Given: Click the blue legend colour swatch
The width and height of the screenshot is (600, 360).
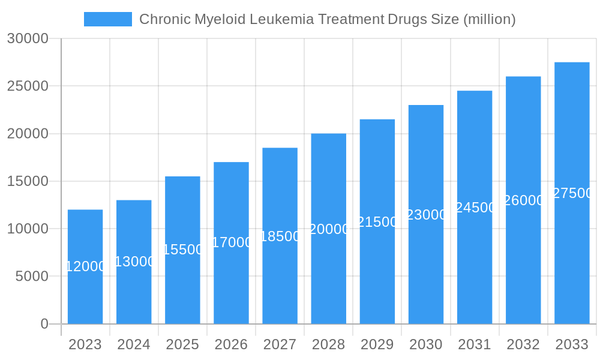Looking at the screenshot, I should point(108,19).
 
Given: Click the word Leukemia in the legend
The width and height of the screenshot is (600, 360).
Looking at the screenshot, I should point(281,19).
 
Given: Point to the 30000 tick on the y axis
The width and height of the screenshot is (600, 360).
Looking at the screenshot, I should point(28,38).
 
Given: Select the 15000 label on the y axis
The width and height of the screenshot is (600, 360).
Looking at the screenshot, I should point(28,181).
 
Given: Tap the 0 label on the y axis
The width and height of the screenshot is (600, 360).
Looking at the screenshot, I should point(44,324).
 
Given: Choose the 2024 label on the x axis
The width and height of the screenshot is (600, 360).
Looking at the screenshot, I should point(134,345).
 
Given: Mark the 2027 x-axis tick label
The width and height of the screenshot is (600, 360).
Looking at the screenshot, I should point(280,345).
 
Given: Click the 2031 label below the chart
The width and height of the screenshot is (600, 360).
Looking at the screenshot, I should point(475,345).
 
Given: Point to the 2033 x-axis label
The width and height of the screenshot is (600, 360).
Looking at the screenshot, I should point(572,345).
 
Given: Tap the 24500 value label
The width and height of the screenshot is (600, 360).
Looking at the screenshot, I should point(475,208).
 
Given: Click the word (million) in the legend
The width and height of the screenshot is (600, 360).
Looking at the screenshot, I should point(489,19).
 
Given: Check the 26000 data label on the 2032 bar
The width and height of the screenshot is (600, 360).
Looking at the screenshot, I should point(524,200).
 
